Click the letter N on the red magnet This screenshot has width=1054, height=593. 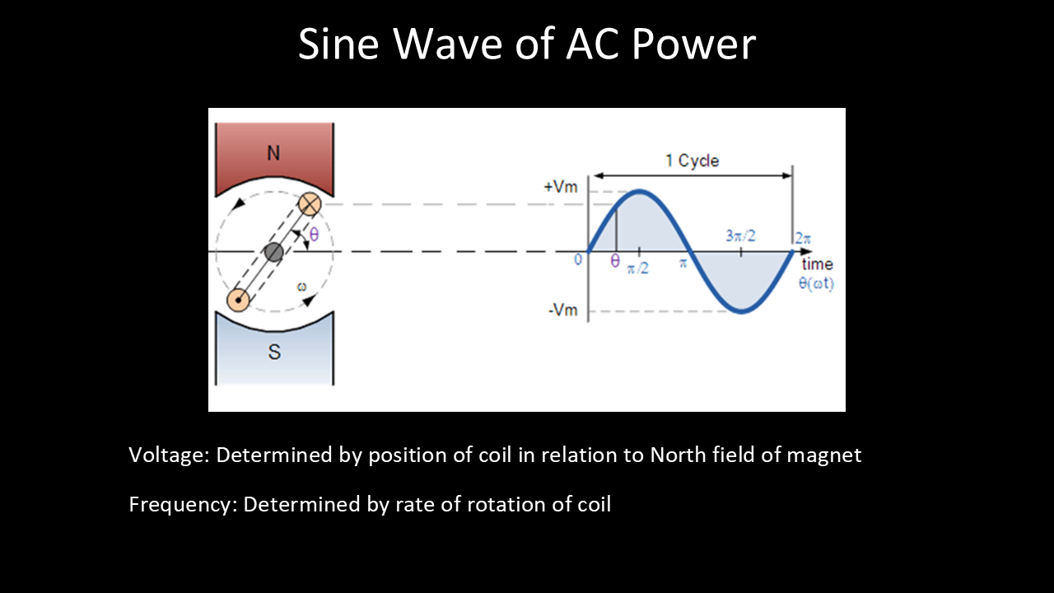click(273, 153)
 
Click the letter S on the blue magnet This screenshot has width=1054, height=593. click(274, 352)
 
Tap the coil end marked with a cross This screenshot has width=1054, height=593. click(310, 204)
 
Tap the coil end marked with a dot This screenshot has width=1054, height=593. click(238, 301)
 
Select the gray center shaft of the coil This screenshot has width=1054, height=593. click(274, 252)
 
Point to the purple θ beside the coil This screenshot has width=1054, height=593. click(315, 234)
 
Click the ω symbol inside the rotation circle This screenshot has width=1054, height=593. click(301, 286)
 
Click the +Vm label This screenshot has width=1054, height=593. click(561, 187)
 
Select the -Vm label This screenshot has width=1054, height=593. click(562, 311)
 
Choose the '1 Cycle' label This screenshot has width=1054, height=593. click(693, 161)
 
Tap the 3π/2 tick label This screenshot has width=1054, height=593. click(740, 236)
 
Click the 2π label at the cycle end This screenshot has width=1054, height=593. click(803, 238)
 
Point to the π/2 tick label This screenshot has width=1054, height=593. click(638, 268)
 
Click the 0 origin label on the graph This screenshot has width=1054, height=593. click(578, 259)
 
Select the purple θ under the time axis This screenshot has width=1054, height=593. click(615, 261)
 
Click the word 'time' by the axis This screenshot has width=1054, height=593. click(818, 264)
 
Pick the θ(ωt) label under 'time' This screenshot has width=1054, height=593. click(816, 284)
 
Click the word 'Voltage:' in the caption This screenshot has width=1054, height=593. click(170, 455)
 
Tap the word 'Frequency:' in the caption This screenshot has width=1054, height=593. click(184, 505)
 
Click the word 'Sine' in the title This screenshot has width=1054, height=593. click(338, 44)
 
